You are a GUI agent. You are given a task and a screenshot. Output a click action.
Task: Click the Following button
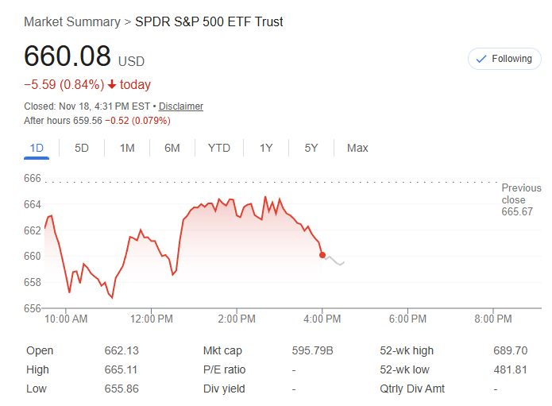point(504,59)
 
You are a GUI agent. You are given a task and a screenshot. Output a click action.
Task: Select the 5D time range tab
point(82,148)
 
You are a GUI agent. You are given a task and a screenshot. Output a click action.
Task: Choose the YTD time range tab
point(218,148)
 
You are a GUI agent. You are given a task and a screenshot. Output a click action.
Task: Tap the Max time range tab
point(357,148)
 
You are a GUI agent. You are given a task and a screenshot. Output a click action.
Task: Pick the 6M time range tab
point(172,148)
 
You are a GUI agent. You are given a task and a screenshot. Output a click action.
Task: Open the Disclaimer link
point(181,106)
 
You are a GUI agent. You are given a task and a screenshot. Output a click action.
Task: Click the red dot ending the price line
point(322,255)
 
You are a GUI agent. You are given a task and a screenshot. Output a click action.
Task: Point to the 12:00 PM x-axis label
point(151,319)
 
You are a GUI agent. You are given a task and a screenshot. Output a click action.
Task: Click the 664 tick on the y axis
point(32,204)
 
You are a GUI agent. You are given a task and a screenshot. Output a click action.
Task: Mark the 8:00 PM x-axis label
point(492,319)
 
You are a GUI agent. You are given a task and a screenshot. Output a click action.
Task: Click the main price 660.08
point(68,57)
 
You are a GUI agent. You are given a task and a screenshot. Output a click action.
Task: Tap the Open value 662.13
point(122,351)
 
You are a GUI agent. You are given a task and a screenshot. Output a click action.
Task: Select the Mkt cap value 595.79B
point(313,351)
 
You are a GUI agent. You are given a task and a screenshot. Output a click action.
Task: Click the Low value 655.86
point(122,389)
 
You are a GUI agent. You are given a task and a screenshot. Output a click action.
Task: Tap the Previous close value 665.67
point(517,212)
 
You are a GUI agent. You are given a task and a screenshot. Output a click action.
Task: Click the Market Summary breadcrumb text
point(71,21)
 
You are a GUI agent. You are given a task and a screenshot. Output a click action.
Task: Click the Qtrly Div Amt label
point(413,389)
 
